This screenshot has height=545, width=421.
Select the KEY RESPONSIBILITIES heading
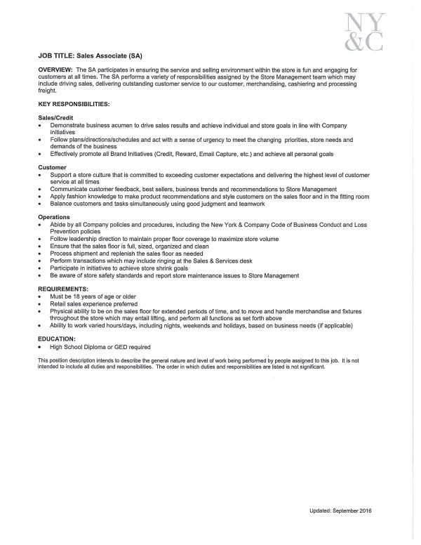click(x=73, y=103)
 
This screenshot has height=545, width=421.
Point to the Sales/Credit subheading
click(x=56, y=116)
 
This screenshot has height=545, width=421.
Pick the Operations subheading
click(x=55, y=218)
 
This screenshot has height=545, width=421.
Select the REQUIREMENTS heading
click(x=63, y=289)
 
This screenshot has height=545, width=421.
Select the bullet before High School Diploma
click(x=41, y=347)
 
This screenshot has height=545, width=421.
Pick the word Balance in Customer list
click(x=62, y=206)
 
